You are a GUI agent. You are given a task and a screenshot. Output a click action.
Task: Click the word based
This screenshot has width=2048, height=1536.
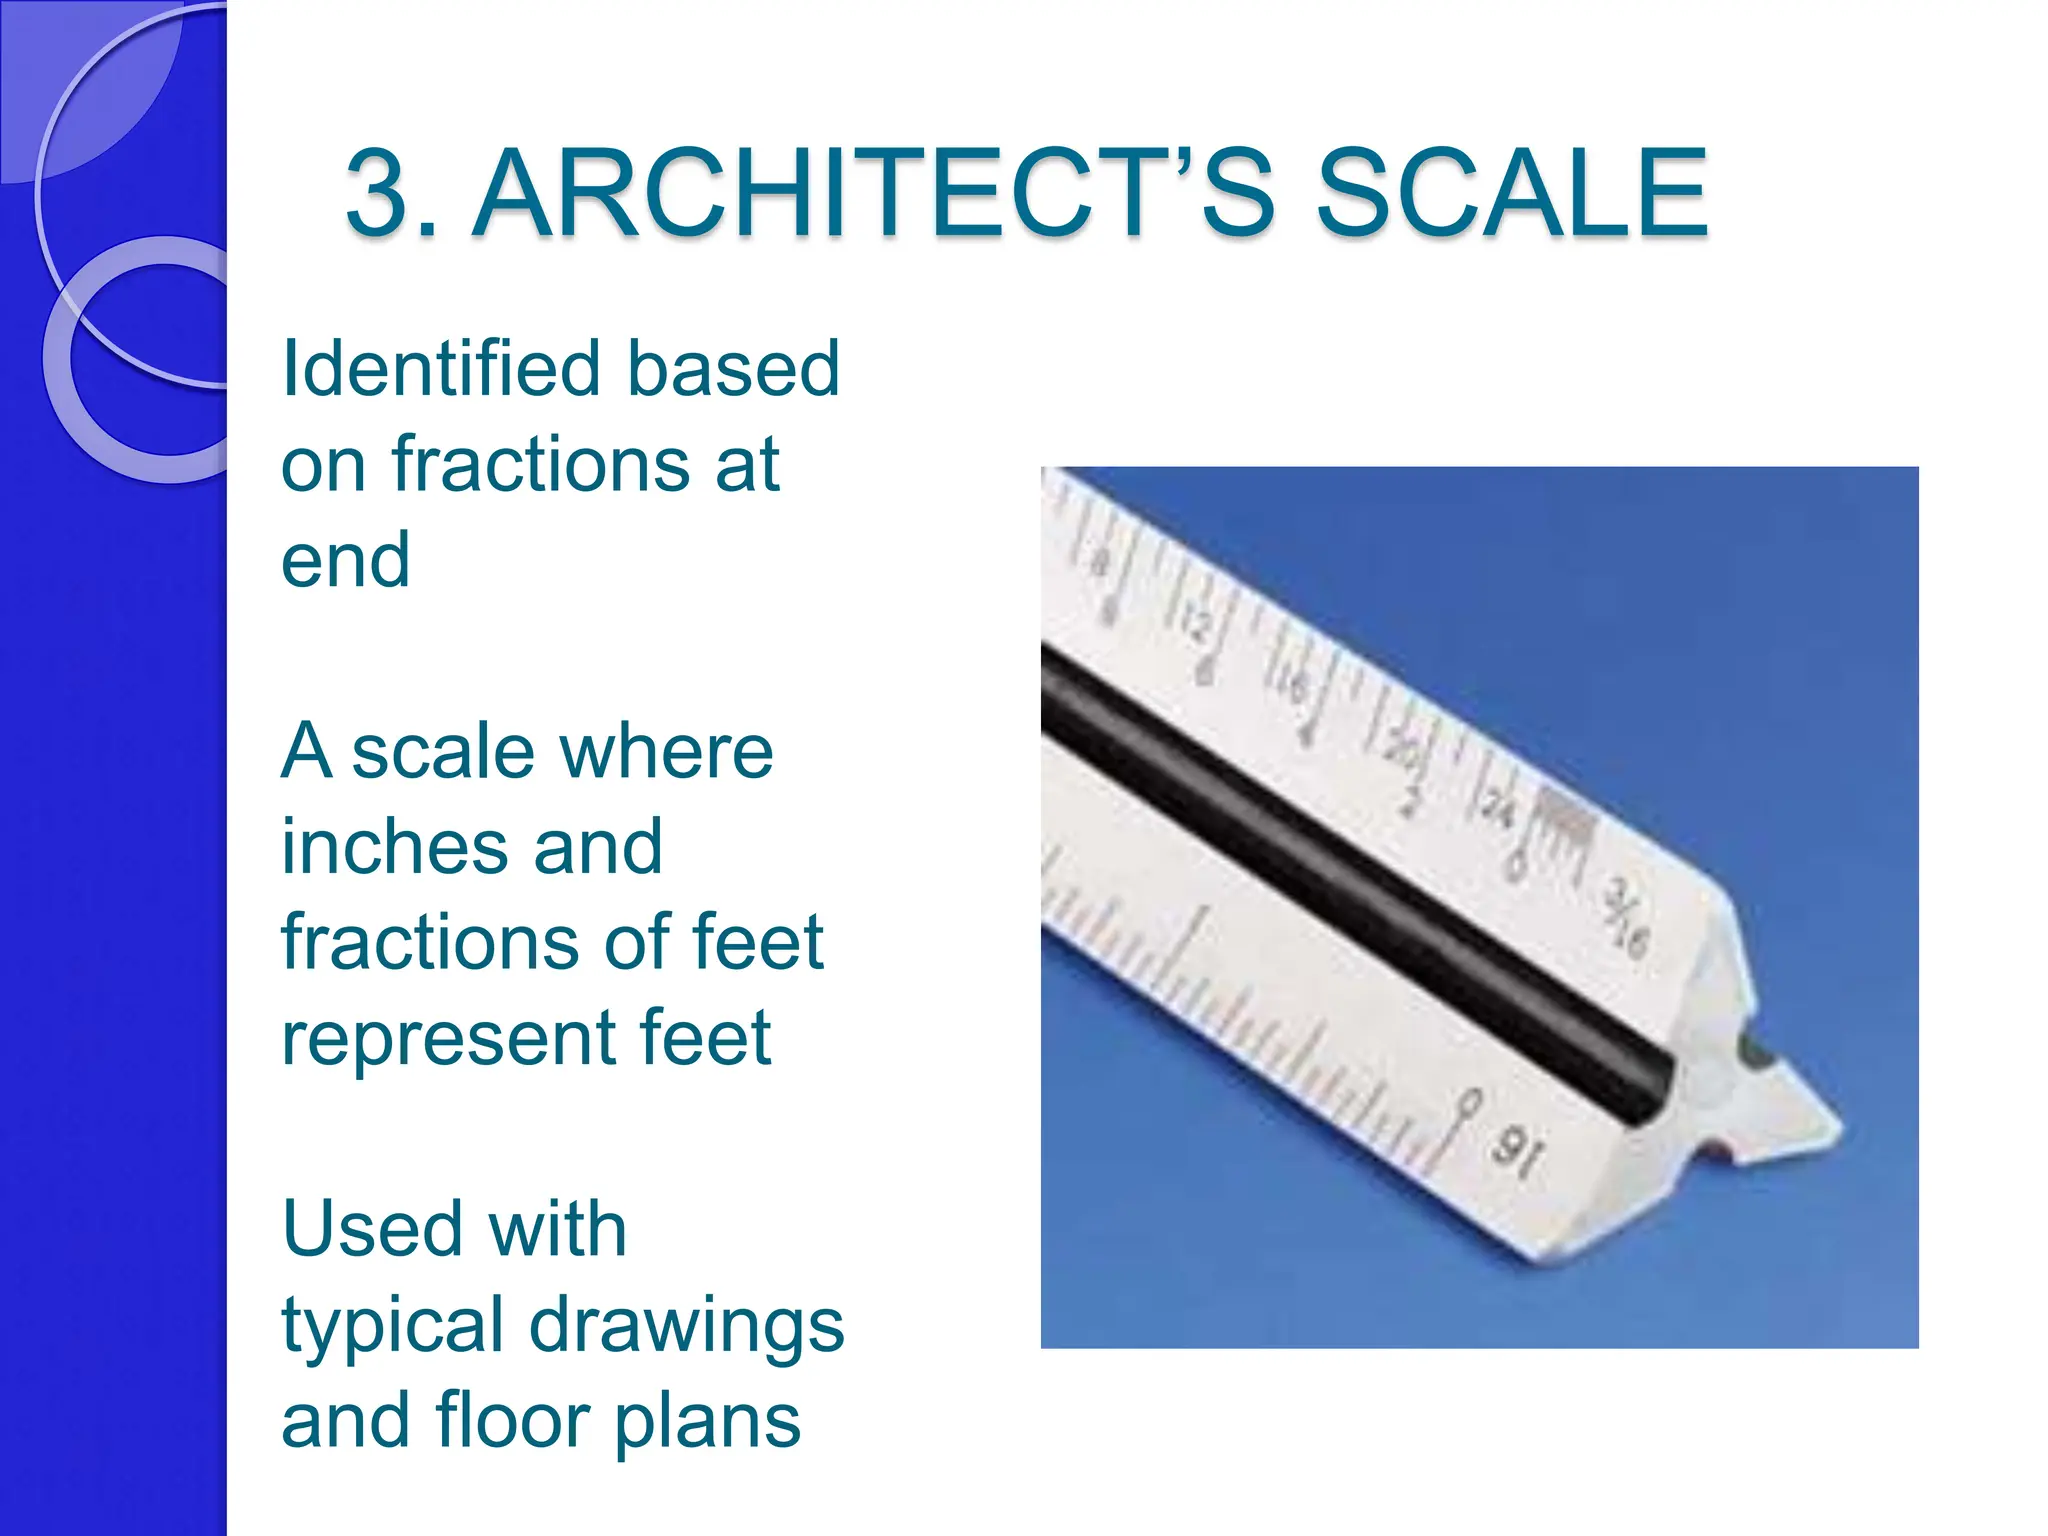point(734,369)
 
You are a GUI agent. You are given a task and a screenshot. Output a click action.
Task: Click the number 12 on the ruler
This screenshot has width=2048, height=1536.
point(1195,625)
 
